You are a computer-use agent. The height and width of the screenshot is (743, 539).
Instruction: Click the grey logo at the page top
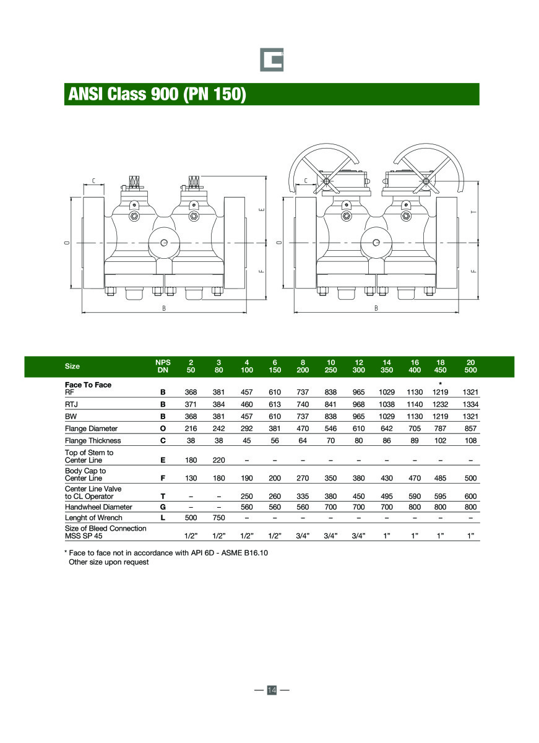pyautogui.click(x=271, y=59)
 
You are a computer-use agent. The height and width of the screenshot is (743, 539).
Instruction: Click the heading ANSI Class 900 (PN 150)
pyautogui.click(x=157, y=94)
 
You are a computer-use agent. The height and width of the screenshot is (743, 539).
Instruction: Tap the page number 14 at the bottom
pyautogui.click(x=271, y=690)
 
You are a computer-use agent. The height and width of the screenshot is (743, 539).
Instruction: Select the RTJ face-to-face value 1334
pyautogui.click(x=470, y=404)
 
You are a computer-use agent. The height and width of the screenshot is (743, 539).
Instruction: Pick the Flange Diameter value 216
pyautogui.click(x=191, y=428)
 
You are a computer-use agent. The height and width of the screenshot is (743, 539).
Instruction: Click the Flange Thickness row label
pyautogui.click(x=93, y=441)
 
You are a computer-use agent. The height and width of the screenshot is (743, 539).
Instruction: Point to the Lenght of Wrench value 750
pyautogui.click(x=218, y=518)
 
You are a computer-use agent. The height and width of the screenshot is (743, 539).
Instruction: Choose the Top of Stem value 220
pyautogui.click(x=218, y=460)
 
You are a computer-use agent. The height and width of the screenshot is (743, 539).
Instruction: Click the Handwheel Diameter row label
pyautogui.click(x=98, y=506)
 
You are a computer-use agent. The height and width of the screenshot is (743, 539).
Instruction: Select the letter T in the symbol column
pyautogui.click(x=163, y=496)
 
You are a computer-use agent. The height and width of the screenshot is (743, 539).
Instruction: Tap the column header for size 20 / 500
pyautogui.click(x=470, y=366)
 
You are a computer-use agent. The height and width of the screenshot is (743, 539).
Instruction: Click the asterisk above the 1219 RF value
pyautogui.click(x=440, y=385)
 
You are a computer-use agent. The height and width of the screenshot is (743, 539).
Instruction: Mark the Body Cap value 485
pyautogui.click(x=440, y=478)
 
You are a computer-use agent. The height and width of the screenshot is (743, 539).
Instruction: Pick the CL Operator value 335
pyautogui.click(x=303, y=496)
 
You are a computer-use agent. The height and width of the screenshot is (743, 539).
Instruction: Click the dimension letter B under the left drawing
pyautogui.click(x=164, y=308)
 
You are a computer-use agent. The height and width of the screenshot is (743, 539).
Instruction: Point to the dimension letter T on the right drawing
pyautogui.click(x=473, y=212)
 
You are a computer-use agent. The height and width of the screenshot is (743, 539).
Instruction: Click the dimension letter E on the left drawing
pyautogui.click(x=262, y=209)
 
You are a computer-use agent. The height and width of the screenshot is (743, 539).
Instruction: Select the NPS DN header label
pyautogui.click(x=163, y=366)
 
